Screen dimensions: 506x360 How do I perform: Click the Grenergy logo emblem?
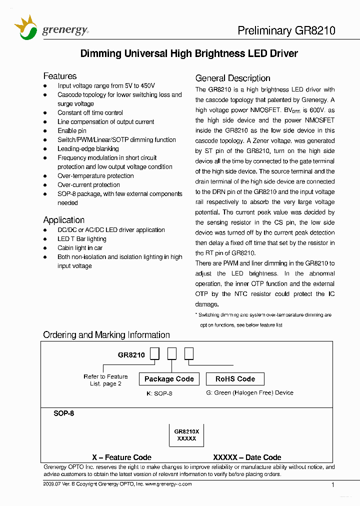tap(26, 28)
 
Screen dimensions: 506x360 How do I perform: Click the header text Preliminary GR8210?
tap(286, 30)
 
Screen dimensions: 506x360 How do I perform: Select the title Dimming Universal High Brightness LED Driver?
tap(189, 53)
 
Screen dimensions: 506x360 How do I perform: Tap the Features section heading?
tap(60, 76)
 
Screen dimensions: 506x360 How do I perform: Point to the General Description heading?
tap(232, 78)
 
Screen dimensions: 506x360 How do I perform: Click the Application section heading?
tap(63, 220)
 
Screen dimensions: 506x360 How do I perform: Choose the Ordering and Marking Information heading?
tap(106, 335)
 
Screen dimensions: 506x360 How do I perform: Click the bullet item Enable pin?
tap(71, 131)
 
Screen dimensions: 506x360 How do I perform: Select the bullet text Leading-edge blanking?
tap(88, 149)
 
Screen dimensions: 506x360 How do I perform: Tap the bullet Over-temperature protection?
tap(95, 176)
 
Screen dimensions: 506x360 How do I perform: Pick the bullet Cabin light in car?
tap(80, 248)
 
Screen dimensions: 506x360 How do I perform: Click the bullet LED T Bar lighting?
tap(81, 239)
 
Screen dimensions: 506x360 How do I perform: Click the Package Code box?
tap(169, 379)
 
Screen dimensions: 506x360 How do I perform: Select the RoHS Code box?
tap(235, 379)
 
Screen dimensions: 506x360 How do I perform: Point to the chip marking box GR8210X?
tap(186, 434)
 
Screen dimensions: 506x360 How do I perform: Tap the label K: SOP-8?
tap(159, 393)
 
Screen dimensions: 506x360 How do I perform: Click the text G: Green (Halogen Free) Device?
tap(249, 393)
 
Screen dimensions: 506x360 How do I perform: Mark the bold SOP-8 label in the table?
tap(64, 414)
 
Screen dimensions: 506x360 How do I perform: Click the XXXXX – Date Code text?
tap(247, 457)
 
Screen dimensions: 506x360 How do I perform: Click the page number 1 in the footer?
tap(332, 484)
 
